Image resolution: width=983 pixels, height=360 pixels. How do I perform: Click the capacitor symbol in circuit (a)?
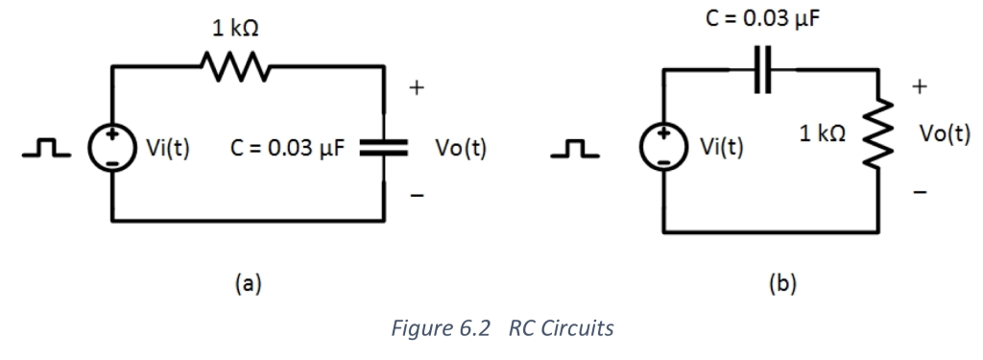point(384,149)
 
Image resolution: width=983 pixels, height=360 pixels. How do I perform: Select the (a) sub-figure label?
point(249,282)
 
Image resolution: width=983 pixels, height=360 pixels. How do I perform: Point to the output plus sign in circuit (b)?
point(920,88)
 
